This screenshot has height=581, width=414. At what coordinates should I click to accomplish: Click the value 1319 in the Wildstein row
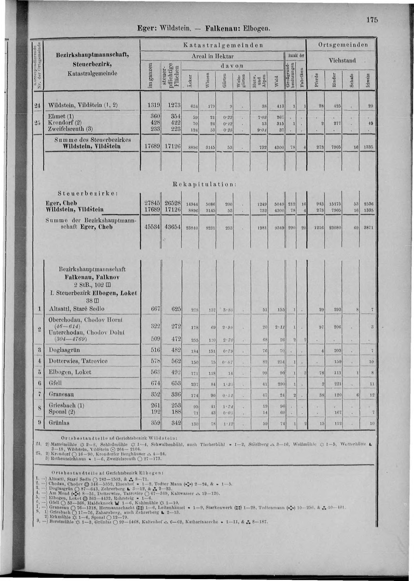click(154, 105)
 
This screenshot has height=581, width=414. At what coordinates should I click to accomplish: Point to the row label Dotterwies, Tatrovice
click(78, 361)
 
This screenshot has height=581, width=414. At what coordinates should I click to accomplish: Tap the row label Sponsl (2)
click(62, 412)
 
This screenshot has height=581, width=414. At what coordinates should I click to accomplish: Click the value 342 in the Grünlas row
click(176, 423)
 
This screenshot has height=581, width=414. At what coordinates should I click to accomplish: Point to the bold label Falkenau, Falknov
click(92, 277)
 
